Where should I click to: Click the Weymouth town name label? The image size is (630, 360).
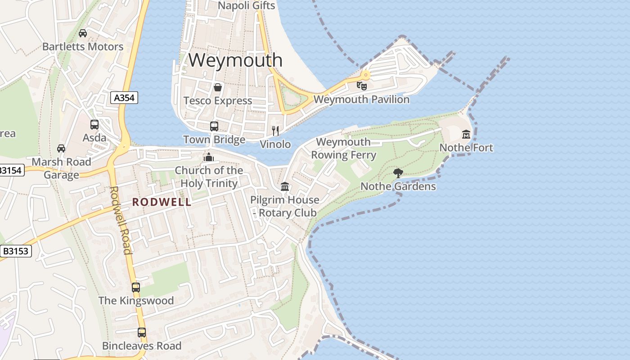[x=235, y=60]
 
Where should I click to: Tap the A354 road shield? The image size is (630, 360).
[x=124, y=98]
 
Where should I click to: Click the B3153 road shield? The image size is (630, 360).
[x=16, y=251]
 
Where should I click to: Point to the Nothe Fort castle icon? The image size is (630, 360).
[x=466, y=134]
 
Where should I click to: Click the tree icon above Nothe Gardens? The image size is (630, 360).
[x=398, y=173]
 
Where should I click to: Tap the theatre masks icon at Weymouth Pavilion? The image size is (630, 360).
[x=361, y=85]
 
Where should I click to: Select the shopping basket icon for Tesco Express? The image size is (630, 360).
[x=218, y=87]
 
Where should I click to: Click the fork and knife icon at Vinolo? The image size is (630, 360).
[x=275, y=131]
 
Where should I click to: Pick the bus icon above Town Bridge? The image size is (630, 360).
[x=214, y=126]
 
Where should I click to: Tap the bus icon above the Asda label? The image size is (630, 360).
[x=94, y=125]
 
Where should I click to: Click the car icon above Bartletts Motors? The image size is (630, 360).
[x=83, y=33]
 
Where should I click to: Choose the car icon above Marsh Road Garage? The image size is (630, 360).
[x=61, y=148]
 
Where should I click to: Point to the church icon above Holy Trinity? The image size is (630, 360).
[x=208, y=157]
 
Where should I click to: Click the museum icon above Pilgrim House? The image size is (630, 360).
[x=284, y=186]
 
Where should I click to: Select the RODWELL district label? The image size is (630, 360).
[x=162, y=202]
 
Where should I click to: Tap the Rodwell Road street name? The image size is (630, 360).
[x=121, y=220]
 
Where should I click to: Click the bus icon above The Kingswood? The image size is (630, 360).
[x=135, y=287]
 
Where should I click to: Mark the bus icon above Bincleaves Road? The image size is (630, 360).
[x=142, y=333]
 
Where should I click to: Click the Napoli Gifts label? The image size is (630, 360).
[x=246, y=5]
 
